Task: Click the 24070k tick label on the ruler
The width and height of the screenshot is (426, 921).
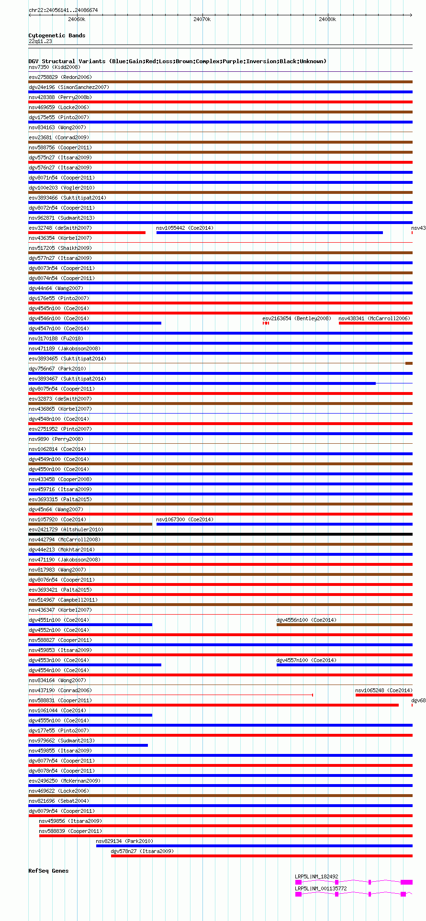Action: point(202,20)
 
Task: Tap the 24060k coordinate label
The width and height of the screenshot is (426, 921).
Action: point(77,20)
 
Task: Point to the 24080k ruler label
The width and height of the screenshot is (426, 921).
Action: point(327,20)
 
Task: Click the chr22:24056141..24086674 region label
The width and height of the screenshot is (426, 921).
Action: point(63,10)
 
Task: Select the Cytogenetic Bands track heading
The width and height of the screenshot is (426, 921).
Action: point(57,35)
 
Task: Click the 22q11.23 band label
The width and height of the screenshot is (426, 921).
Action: point(40,41)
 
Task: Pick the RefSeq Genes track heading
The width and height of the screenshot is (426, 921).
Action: point(48,871)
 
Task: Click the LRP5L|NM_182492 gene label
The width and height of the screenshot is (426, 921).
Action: point(316,876)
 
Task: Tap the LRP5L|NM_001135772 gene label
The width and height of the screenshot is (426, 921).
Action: point(321,888)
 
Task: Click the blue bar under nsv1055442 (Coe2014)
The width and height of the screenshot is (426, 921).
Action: point(269,233)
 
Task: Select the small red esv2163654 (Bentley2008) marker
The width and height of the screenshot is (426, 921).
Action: point(266,323)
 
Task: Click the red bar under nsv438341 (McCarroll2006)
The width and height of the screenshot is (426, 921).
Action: point(375,323)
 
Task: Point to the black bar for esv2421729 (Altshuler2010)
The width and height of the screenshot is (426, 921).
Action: point(220,534)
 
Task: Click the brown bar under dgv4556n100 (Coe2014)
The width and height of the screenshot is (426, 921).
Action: point(344,625)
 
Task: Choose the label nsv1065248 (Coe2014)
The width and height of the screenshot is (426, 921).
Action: point(383,690)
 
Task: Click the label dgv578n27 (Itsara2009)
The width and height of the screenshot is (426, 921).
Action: point(142,851)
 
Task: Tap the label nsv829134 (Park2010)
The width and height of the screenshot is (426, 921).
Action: point(124,841)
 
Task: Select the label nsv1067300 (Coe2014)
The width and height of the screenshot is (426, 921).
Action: point(185,519)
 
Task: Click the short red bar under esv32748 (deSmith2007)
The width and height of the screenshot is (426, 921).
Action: point(87,233)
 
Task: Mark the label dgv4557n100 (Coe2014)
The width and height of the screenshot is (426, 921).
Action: point(306,660)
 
